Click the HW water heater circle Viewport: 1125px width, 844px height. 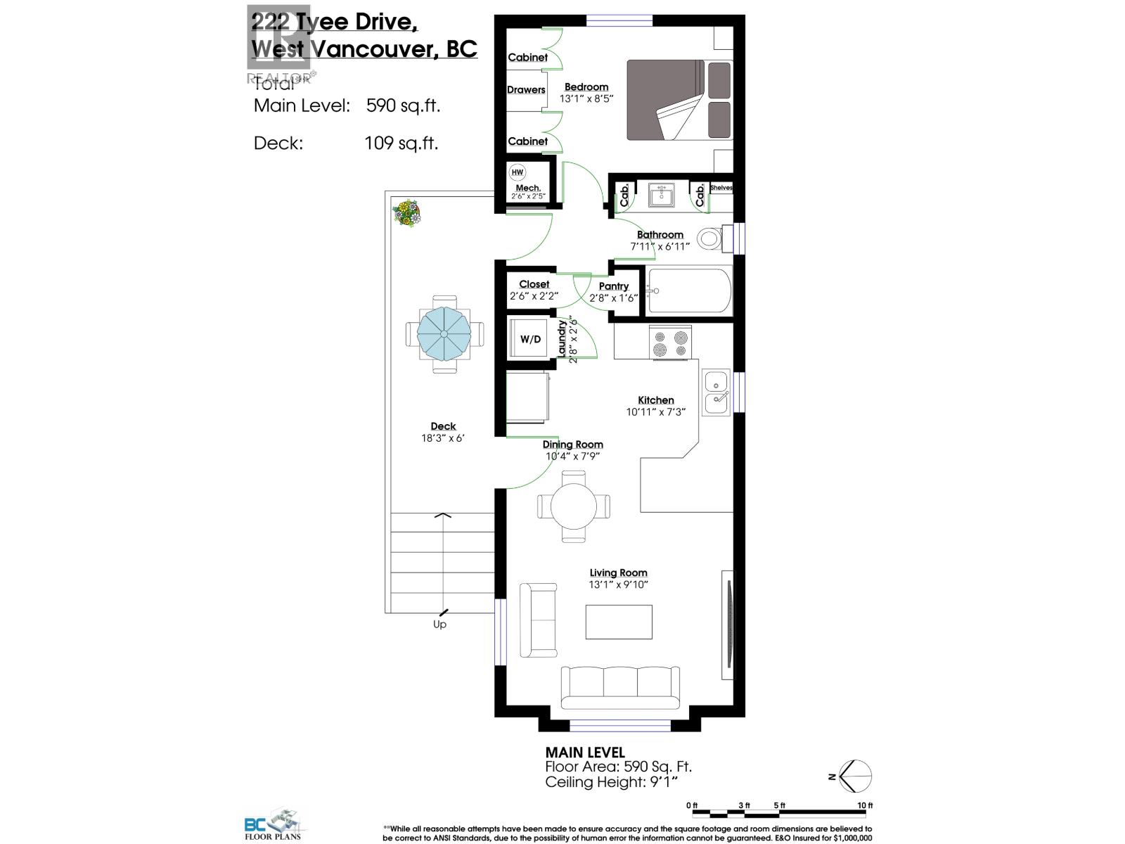coord(517,172)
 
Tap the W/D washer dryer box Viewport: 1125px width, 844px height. coord(531,339)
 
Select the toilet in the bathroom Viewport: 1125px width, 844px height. coord(712,238)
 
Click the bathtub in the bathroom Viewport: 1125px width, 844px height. coord(689,290)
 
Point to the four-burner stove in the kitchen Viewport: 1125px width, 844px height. coord(670,343)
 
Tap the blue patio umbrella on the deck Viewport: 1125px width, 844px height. coord(444,333)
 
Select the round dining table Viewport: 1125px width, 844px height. coord(574,506)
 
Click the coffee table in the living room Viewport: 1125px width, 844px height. coord(619,622)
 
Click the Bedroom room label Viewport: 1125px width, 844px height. coord(586,87)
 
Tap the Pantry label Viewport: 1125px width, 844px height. coord(614,286)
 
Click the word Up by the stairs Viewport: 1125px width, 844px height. coord(439,625)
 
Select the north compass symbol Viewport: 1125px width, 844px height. coord(854,776)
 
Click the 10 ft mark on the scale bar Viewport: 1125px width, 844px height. coord(865,805)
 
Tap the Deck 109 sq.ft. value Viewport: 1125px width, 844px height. coord(401,143)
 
